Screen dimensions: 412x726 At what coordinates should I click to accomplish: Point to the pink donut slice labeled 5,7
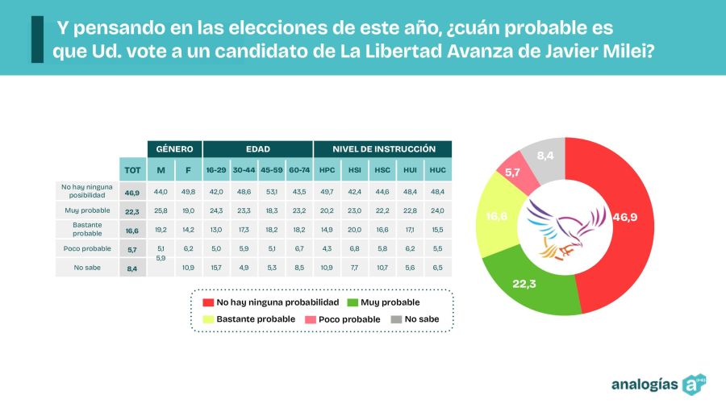click(x=514, y=173)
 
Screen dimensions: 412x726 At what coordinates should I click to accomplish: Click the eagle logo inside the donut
click(x=565, y=231)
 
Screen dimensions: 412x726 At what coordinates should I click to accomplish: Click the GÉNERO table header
click(x=174, y=149)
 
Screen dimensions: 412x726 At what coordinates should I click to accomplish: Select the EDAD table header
click(x=257, y=149)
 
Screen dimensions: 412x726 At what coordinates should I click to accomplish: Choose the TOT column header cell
click(x=131, y=169)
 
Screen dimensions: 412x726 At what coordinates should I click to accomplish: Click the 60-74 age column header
click(x=299, y=170)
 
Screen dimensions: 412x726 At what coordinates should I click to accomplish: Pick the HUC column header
click(x=437, y=170)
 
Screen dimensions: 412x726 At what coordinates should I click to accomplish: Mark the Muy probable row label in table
click(x=87, y=211)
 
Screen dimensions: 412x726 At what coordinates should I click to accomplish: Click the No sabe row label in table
click(x=87, y=268)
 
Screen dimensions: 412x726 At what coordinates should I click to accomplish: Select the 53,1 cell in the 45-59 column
click(x=271, y=192)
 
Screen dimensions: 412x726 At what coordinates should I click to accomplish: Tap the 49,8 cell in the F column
click(x=189, y=192)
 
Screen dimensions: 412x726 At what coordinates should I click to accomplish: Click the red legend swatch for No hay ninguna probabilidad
click(x=207, y=302)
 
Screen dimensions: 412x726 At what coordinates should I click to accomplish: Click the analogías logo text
click(x=645, y=384)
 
